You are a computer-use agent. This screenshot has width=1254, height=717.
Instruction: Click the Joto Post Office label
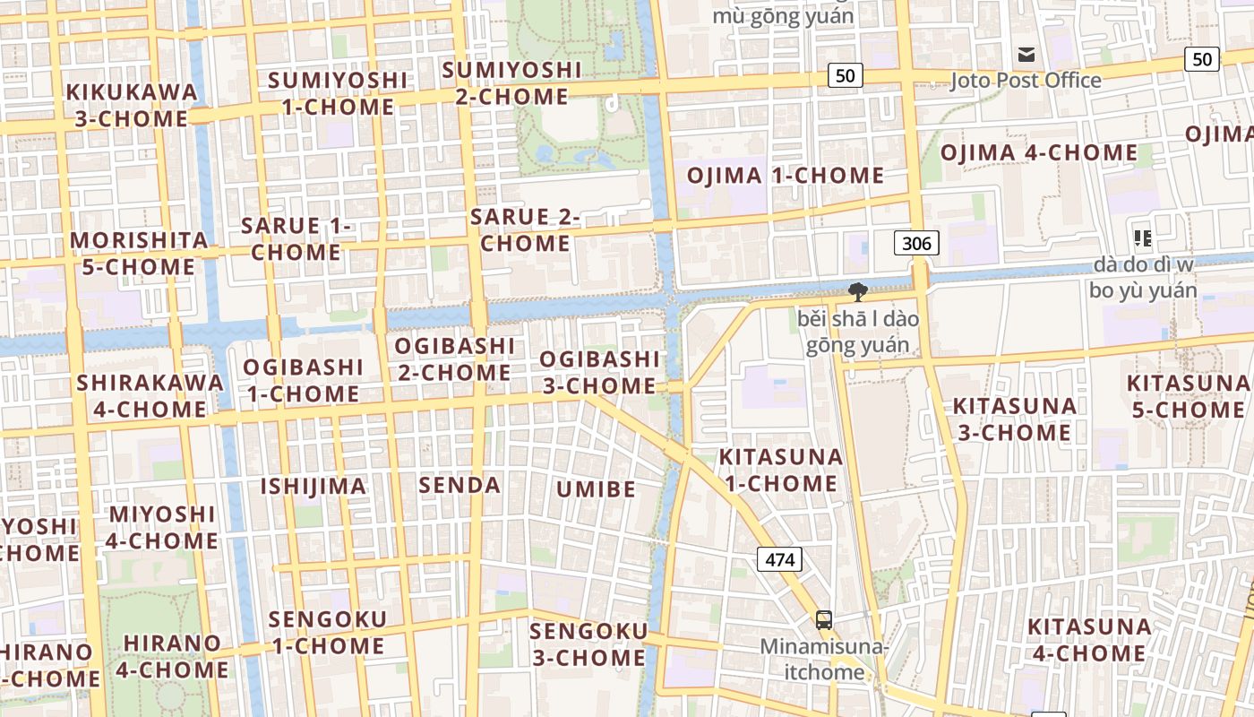click(1026, 81)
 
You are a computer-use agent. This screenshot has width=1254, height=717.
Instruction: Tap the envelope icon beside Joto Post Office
click(1026, 55)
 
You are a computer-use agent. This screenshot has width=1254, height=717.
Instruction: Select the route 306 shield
click(916, 243)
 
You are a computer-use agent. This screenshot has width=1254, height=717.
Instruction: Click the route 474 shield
click(779, 560)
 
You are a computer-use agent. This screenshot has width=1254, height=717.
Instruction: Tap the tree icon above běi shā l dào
click(857, 291)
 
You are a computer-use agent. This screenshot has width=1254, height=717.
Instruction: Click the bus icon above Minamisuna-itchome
click(823, 619)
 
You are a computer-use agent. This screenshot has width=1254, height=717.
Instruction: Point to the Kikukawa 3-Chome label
click(132, 105)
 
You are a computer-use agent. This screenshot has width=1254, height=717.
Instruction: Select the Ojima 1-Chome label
click(786, 176)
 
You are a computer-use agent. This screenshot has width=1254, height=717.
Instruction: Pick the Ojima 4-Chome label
click(1039, 153)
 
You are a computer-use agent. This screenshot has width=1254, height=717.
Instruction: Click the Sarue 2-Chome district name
click(526, 229)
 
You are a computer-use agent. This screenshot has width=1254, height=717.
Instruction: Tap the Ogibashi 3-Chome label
click(599, 372)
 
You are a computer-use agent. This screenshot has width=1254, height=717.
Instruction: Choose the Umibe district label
click(596, 489)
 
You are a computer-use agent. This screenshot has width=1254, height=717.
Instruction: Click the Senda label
click(460, 486)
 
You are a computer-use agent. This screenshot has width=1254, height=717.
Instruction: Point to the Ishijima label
click(313, 487)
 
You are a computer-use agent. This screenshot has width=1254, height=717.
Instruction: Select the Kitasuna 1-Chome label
click(781, 470)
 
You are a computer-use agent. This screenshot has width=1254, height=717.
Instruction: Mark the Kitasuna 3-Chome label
click(1014, 419)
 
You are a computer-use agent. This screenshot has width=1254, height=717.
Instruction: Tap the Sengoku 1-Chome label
click(327, 632)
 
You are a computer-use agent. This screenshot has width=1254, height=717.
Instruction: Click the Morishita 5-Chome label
click(139, 254)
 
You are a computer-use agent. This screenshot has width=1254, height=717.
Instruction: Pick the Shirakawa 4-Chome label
click(150, 395)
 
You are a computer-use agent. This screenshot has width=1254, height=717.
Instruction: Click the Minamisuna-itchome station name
click(823, 659)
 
